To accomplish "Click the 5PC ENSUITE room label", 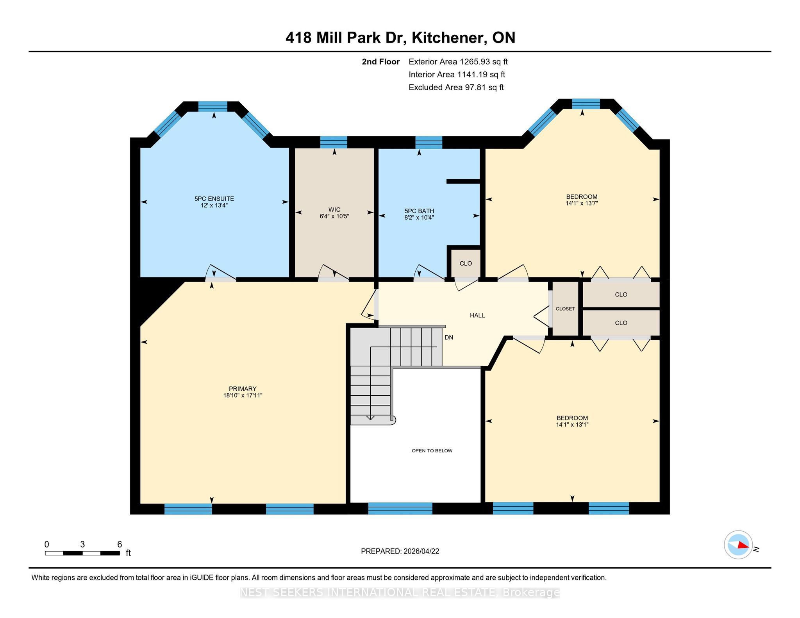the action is (214, 198).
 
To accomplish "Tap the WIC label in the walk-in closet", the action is (334, 209).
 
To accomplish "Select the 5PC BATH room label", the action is (419, 211).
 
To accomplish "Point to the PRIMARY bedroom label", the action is (243, 389).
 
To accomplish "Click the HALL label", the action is (477, 315).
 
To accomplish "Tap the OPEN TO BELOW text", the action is (432, 451).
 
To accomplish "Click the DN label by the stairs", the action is (449, 337).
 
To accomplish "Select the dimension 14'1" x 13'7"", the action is (582, 203).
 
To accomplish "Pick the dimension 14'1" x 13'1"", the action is (572, 425).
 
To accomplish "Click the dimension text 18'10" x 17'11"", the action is (243, 395).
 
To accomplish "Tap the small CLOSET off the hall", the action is (565, 309).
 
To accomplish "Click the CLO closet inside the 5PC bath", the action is (466, 263).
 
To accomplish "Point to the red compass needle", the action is (743, 545).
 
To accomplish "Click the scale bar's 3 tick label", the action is (82, 544).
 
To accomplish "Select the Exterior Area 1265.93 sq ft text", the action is (458, 62).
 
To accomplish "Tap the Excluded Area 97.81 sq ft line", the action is (456, 88).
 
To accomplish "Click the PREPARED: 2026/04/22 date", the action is (400, 551).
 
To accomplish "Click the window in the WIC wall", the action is (334, 142).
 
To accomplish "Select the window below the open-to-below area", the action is (400, 508).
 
